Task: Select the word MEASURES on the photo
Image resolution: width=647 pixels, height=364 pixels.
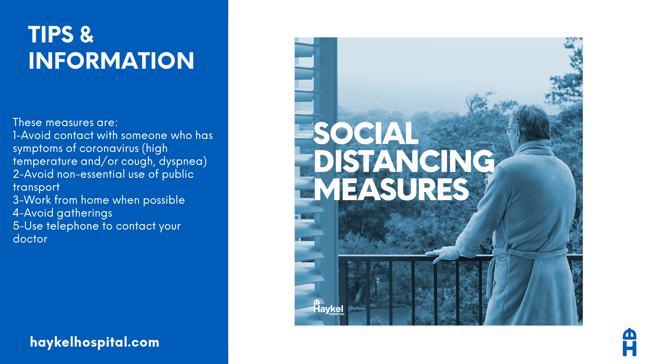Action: pyautogui.click(x=391, y=190)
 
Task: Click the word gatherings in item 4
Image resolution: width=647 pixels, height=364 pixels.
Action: pyautogui.click(x=84, y=213)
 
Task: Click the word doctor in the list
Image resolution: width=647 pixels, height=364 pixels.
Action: pyautogui.click(x=30, y=239)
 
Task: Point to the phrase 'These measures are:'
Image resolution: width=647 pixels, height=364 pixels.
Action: pyautogui.click(x=65, y=122)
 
